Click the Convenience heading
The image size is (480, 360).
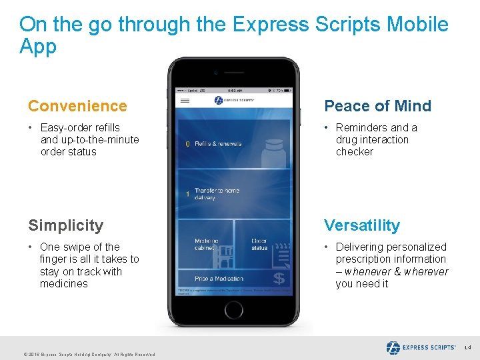[77, 106]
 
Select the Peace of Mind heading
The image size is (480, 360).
[377, 106]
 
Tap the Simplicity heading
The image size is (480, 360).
[65, 225]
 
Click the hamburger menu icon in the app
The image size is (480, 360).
[185, 101]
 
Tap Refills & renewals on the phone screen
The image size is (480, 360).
[217, 143]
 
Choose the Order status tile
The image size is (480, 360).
[262, 244]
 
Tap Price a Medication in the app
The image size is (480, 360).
[219, 279]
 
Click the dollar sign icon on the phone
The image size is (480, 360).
[278, 278]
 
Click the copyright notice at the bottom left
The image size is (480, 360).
[79, 355]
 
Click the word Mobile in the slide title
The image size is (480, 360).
[418, 25]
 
